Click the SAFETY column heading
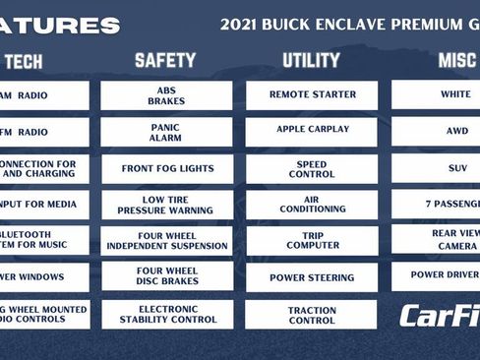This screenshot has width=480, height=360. point(165,61)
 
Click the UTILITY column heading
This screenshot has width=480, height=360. point(311,61)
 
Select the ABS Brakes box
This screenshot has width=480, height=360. point(166,95)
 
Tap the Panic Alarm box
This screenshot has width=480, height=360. point(166,132)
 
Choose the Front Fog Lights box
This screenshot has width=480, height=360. point(166,168)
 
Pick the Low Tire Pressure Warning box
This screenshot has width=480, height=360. point(166,205)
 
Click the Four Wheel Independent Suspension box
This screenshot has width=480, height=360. point(166,240)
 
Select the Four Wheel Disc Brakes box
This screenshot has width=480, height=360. point(166,276)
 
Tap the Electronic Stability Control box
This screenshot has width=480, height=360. point(166,313)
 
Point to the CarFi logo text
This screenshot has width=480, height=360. point(439,316)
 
